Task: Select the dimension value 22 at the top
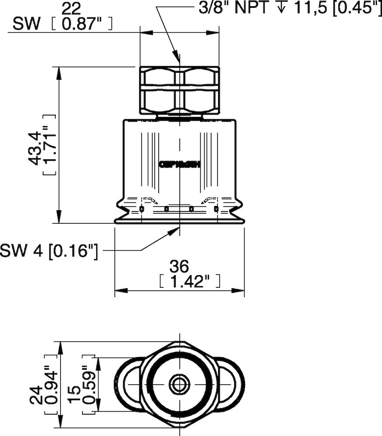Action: (x=72, y=8)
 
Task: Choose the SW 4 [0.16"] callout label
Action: (x=49, y=251)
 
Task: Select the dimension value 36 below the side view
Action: (x=179, y=266)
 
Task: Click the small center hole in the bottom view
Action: (x=179, y=384)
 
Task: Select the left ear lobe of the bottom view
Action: (x=128, y=384)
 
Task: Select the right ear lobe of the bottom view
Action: (x=231, y=384)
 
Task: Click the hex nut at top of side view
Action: (x=179, y=91)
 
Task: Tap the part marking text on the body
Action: (x=179, y=165)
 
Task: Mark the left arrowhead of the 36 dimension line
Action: (x=119, y=290)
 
